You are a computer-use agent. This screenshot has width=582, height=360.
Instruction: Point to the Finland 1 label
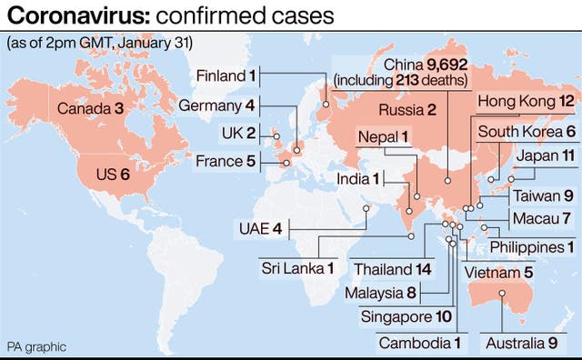227,75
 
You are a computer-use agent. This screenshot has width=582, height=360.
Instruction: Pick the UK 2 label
238,133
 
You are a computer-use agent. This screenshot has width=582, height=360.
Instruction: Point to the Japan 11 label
542,155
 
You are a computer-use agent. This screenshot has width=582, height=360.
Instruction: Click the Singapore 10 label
406,316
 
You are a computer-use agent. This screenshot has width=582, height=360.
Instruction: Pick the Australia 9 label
520,343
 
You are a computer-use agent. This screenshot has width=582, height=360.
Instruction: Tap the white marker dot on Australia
502,294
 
